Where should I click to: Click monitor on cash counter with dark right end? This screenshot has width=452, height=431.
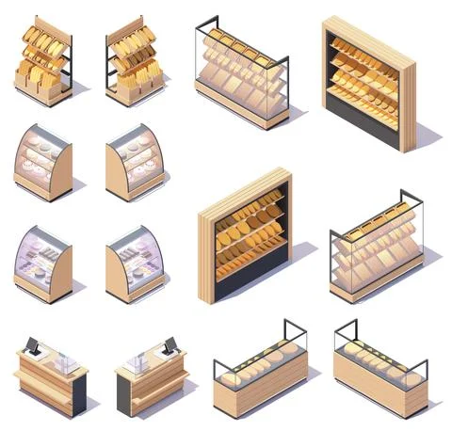(x=32, y=346)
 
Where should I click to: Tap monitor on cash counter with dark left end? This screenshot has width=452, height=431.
(x=170, y=346)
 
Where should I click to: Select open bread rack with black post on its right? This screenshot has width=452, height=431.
(x=43, y=62)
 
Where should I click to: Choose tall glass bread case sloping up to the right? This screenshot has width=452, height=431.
(x=377, y=249)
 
